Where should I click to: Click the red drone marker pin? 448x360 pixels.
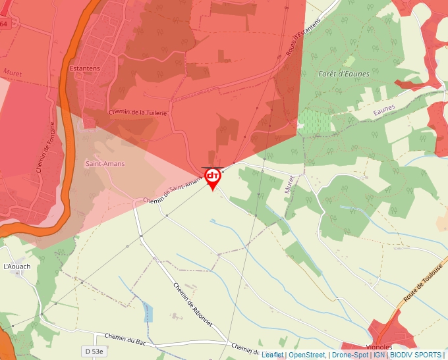point(213,178)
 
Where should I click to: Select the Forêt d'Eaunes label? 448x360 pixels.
point(343,74)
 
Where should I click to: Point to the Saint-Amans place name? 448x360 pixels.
point(105,163)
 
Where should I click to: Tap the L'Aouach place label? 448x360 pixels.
point(17,267)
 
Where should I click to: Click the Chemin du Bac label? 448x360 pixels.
point(125,340)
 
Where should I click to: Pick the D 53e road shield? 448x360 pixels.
point(94,351)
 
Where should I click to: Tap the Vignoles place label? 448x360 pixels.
point(378,347)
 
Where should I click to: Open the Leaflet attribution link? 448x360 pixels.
point(272,355)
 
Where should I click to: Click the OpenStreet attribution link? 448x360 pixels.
point(306,355)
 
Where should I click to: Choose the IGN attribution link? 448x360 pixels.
point(379,355)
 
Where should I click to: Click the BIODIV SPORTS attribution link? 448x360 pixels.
point(415,355)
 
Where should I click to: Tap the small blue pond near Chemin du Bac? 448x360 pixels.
point(148,313)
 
